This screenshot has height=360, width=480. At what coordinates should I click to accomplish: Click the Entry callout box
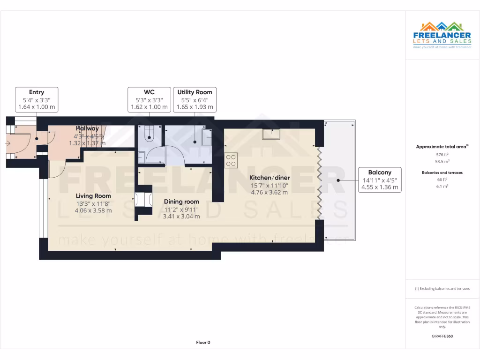point(37,99)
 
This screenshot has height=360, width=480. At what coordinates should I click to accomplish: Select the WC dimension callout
point(149,99)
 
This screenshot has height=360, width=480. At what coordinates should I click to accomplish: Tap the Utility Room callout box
point(195,99)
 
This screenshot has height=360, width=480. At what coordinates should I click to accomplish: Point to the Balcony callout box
point(380,180)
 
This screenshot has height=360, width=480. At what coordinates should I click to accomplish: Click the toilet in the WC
point(150,134)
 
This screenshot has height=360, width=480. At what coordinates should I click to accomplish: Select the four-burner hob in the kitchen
point(231,160)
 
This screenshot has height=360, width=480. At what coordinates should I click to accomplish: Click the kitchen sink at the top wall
point(271,134)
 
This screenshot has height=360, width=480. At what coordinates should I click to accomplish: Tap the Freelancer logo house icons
point(442,26)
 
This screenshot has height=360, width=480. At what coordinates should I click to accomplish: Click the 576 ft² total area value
point(442,154)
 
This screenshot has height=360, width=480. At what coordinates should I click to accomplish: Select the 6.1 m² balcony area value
point(442,186)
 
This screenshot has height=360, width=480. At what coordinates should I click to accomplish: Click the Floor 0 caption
point(203,342)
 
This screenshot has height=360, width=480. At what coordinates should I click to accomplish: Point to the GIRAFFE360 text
point(442,336)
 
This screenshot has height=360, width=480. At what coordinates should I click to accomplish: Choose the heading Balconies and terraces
point(442,172)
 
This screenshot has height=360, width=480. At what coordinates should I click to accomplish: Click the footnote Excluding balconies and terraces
point(442,289)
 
